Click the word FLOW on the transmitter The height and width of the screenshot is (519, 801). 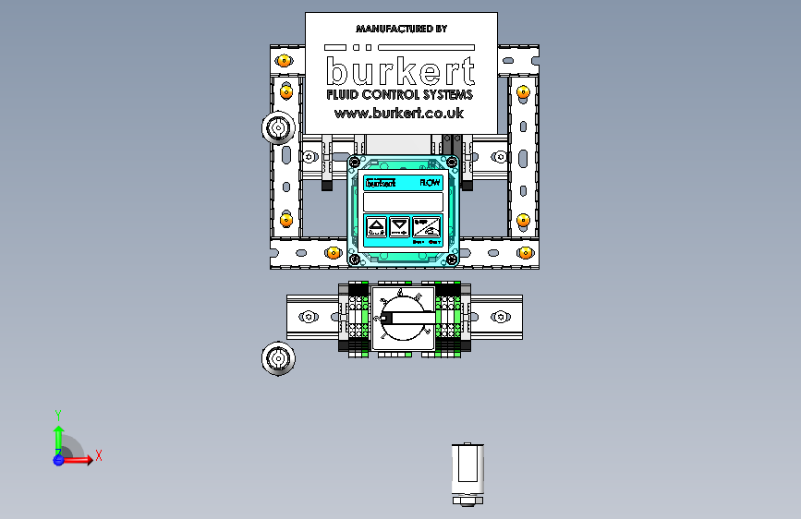(431, 183)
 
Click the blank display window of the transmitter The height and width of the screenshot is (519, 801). (403, 201)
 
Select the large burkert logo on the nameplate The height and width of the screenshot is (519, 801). (401, 70)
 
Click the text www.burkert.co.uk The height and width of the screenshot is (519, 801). (399, 113)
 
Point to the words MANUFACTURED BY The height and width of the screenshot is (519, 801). (401, 29)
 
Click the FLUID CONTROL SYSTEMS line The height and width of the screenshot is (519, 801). (400, 94)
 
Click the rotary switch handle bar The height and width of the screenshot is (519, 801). (407, 322)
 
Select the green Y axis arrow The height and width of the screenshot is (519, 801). (58, 431)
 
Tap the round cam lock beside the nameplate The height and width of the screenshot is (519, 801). (277, 128)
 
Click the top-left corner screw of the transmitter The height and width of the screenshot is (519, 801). (352, 163)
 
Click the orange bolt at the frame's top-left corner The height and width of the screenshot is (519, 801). (285, 60)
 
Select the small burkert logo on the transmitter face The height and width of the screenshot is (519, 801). (380, 183)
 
